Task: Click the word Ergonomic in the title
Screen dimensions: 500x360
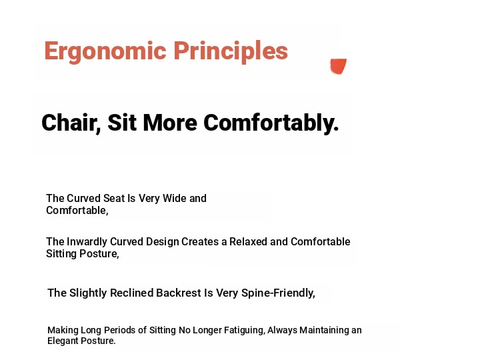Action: coord(105,51)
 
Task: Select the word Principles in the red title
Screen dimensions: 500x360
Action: coord(231,51)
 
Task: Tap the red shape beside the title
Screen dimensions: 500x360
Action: coord(338,66)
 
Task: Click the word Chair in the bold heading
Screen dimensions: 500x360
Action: coord(71,123)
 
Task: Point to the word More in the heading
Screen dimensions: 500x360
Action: coord(170,123)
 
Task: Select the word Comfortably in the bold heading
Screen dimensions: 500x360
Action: coord(271,123)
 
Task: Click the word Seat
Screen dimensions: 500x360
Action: coord(114,199)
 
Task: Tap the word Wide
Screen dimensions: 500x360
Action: coord(175,199)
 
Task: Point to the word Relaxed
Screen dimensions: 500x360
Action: coord(248,242)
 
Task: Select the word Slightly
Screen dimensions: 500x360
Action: coord(88,293)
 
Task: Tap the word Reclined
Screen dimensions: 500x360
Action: coord(132,293)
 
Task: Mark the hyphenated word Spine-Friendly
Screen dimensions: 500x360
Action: coord(278,293)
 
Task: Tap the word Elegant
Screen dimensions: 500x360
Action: coord(63,341)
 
